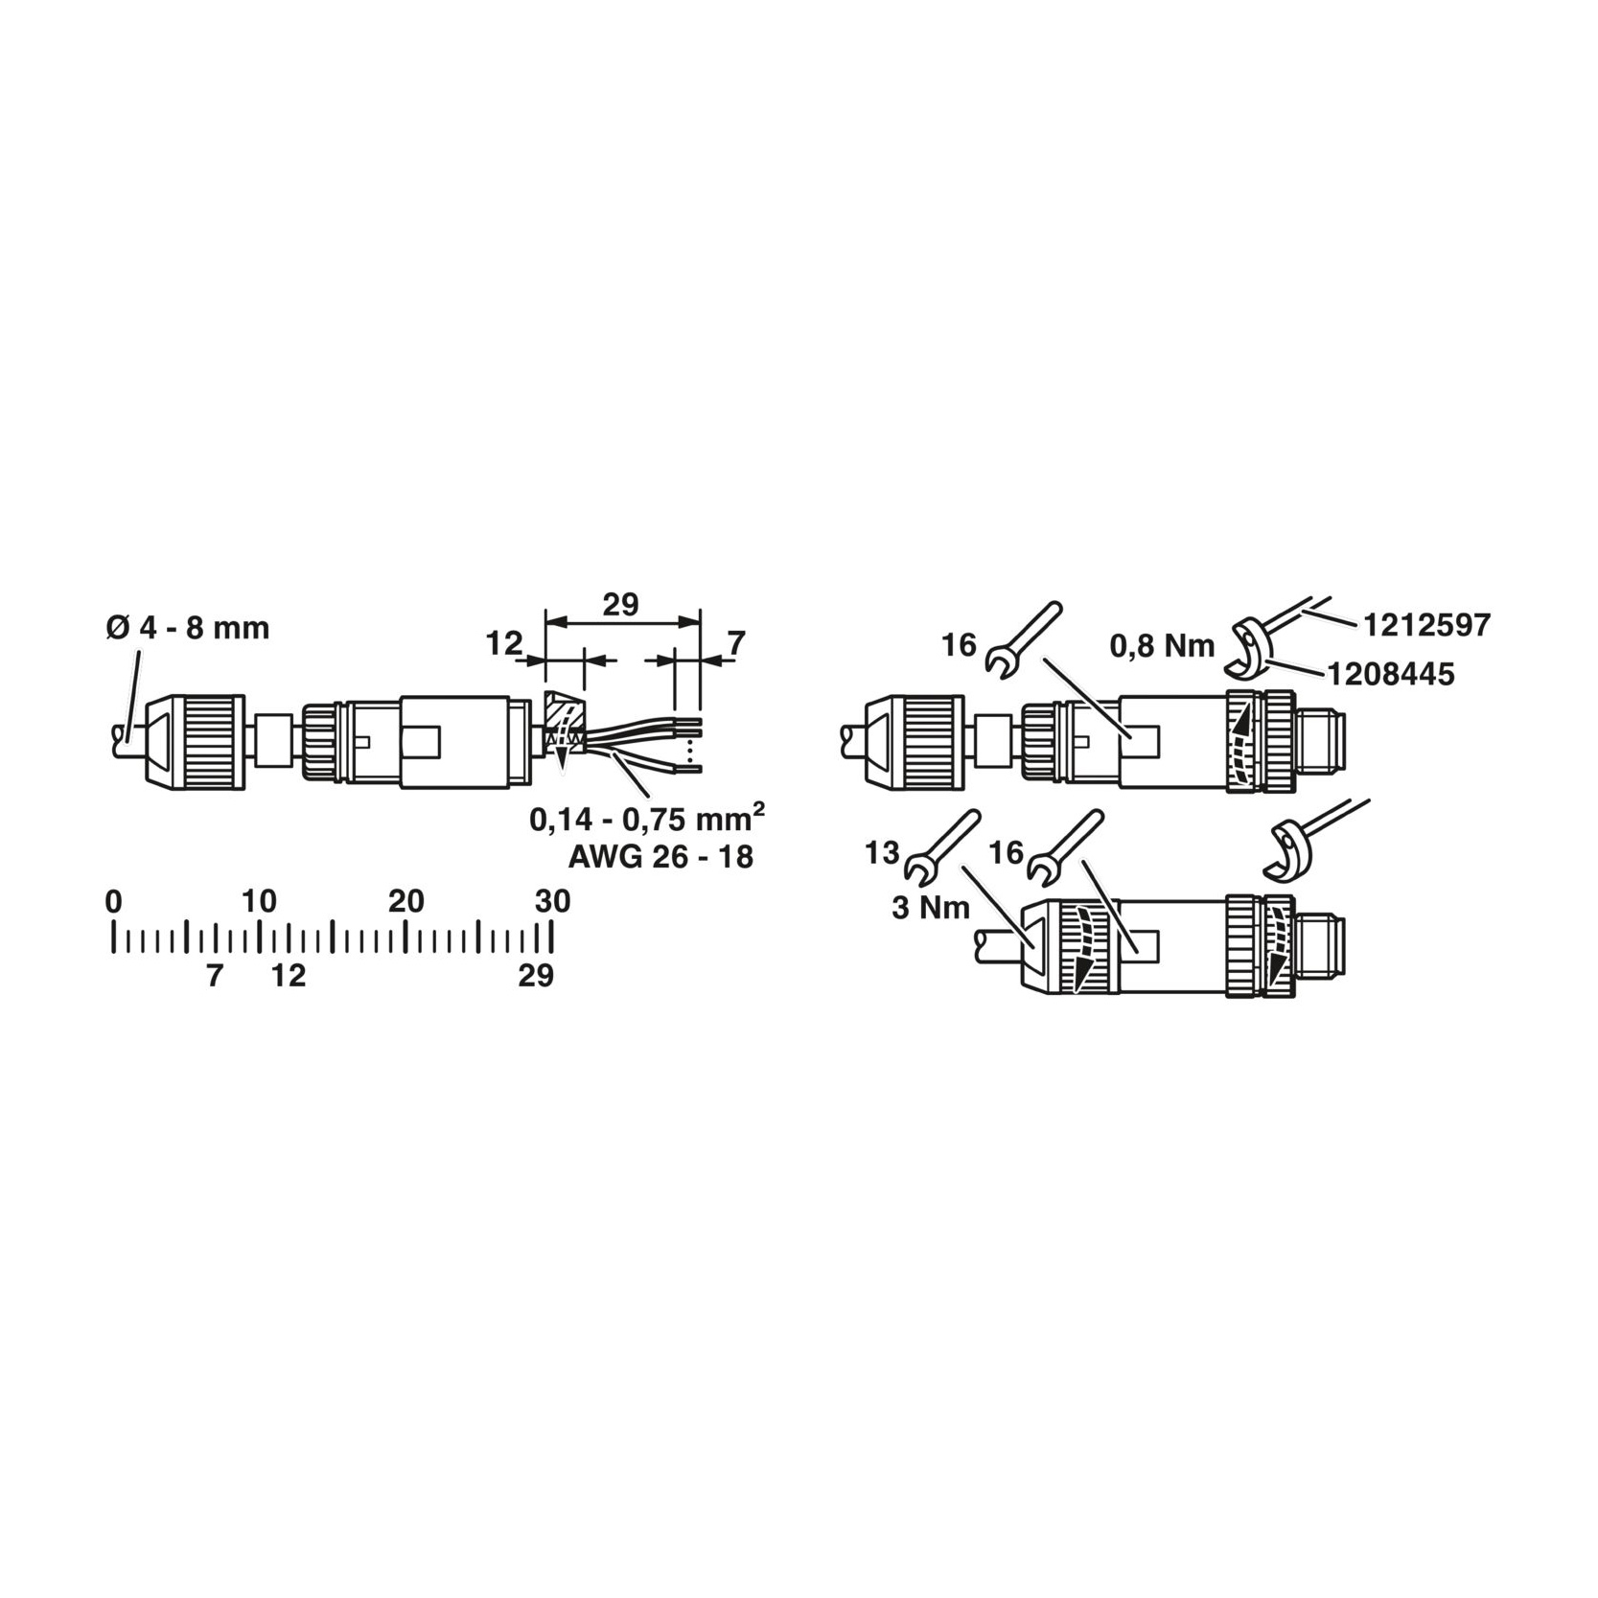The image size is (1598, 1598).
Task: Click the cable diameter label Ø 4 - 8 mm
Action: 188,629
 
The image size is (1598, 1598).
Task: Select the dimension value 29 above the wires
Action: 620,605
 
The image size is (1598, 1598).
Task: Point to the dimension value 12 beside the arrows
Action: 503,643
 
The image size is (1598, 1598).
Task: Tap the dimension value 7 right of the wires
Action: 735,643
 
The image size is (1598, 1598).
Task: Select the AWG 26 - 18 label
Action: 660,856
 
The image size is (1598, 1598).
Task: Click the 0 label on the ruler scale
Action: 114,901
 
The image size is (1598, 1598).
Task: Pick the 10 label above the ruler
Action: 259,901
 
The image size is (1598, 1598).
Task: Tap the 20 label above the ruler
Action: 405,901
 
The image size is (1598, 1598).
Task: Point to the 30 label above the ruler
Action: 552,901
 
